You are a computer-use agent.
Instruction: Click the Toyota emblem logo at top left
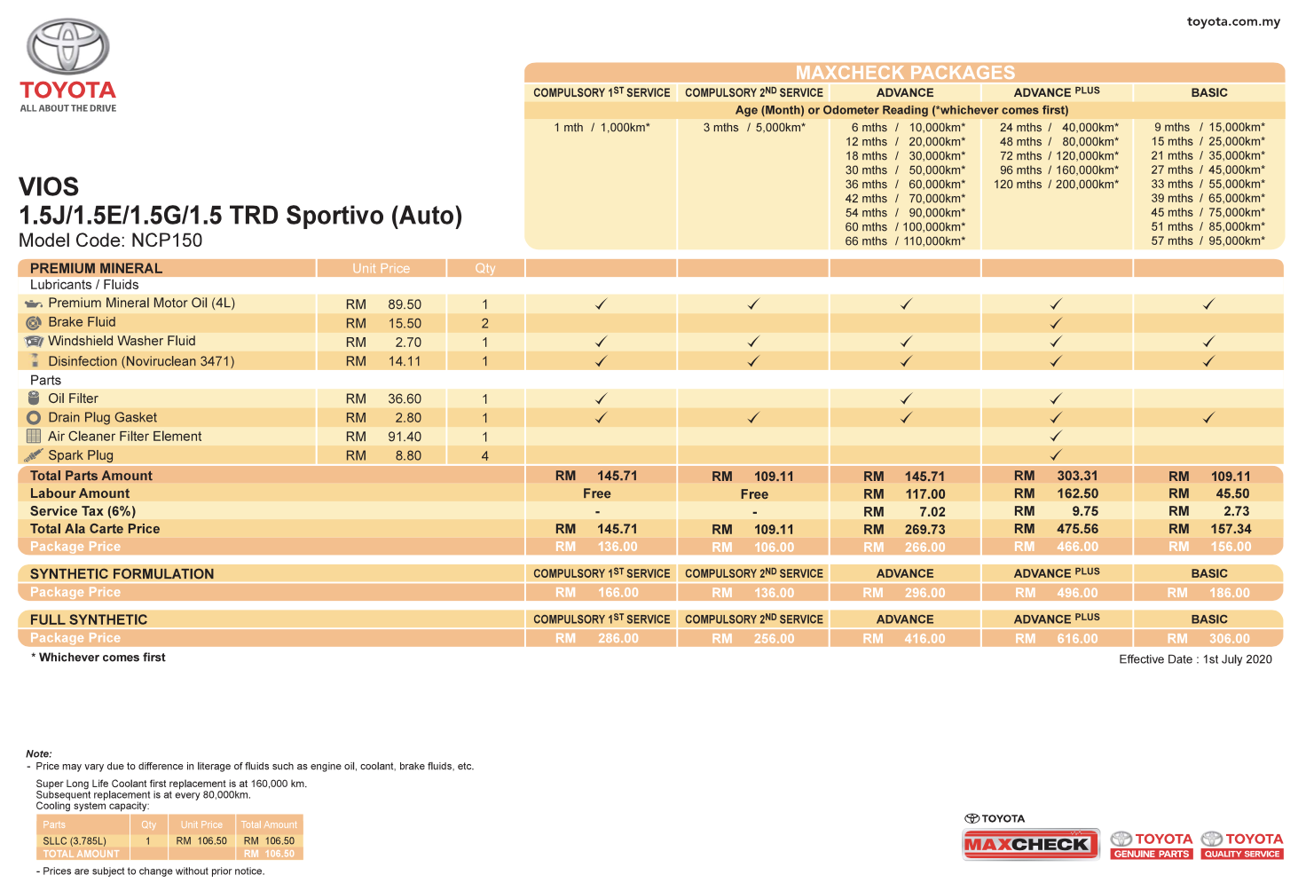tap(67, 46)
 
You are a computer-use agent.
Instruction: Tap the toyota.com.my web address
tap(1233, 21)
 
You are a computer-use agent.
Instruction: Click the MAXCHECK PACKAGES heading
tap(905, 73)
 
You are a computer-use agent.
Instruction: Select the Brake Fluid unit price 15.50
tap(405, 323)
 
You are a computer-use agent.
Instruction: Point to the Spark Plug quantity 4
tap(485, 455)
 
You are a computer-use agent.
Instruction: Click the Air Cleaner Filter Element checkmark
tap(1056, 437)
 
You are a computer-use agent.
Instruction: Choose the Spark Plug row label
tap(81, 455)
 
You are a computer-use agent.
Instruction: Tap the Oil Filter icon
tap(34, 398)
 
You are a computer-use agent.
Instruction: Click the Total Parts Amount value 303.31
tap(1077, 476)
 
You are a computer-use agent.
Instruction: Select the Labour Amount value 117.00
tap(924, 493)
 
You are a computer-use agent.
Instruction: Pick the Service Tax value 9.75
tap(1084, 511)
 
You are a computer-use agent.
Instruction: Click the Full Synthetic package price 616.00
tap(1077, 638)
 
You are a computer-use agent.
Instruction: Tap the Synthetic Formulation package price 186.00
tap(1229, 593)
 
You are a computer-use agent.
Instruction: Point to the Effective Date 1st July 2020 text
tap(1195, 659)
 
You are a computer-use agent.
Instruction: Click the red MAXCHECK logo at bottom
tap(1030, 844)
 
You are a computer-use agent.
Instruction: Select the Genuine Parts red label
tap(1152, 854)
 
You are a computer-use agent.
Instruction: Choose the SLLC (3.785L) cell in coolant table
tap(75, 840)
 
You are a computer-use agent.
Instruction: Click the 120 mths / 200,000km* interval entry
tap(1056, 185)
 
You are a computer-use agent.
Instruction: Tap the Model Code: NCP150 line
tap(111, 240)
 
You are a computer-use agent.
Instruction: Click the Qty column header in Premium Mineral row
tap(485, 268)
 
